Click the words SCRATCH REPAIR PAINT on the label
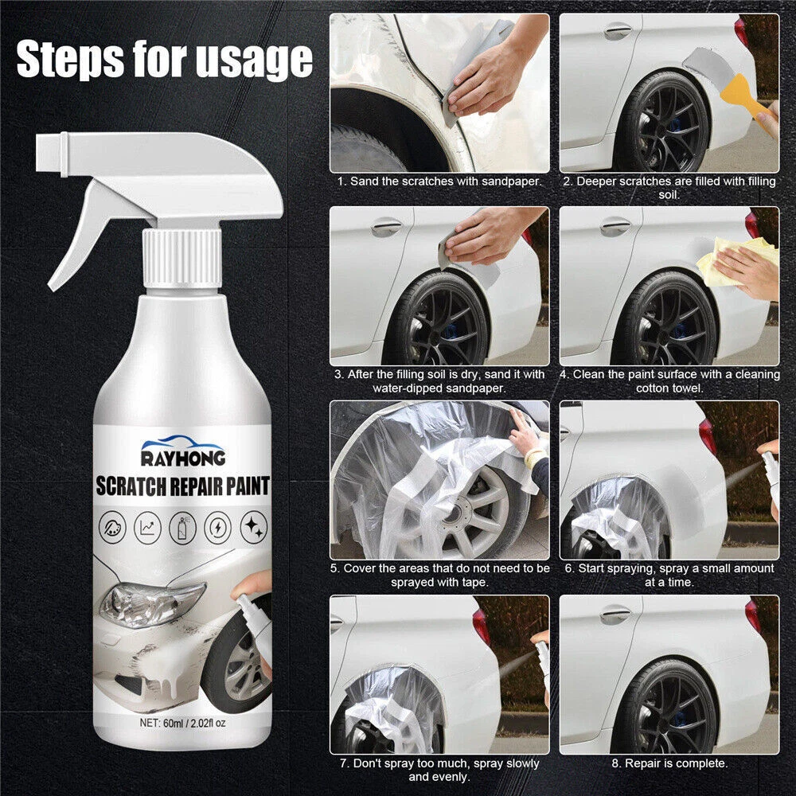(183, 486)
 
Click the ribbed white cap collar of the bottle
(182, 256)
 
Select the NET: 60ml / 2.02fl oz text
(182, 722)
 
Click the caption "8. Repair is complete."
(669, 763)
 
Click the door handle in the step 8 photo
(615, 615)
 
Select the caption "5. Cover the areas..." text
(439, 575)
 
